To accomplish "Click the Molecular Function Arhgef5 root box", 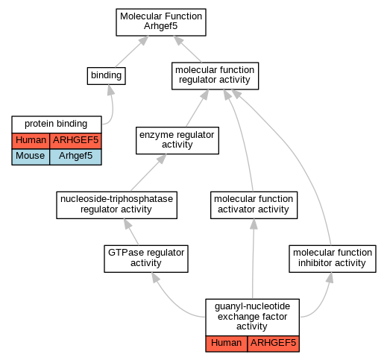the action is coord(161,22).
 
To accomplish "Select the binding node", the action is coord(106,76).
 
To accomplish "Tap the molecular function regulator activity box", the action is coord(215,76).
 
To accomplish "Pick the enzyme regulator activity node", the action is coord(177,140).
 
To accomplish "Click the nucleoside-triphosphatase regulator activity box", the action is coord(116,205).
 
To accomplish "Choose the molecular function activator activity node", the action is coord(254,205).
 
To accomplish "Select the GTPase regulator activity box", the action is coord(146,259).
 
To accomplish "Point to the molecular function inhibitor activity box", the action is coord(333,259).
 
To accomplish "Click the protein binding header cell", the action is coord(57,124).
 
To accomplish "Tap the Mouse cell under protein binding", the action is coord(31,157).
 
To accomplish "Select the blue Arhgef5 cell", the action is coord(75,157).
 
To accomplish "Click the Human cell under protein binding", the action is coord(31,141).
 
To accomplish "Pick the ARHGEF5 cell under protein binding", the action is coord(75,141).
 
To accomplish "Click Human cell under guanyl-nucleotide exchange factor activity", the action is coord(227,344).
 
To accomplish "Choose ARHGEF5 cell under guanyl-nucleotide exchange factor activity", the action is coord(274,344).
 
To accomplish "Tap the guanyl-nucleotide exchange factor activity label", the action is coord(252,316).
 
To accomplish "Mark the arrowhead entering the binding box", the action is coord(110,89).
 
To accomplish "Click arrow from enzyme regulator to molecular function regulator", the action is coord(198,108).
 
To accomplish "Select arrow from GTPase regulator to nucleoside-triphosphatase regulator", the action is coord(131,232).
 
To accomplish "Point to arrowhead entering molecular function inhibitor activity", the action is coord(330,278).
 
